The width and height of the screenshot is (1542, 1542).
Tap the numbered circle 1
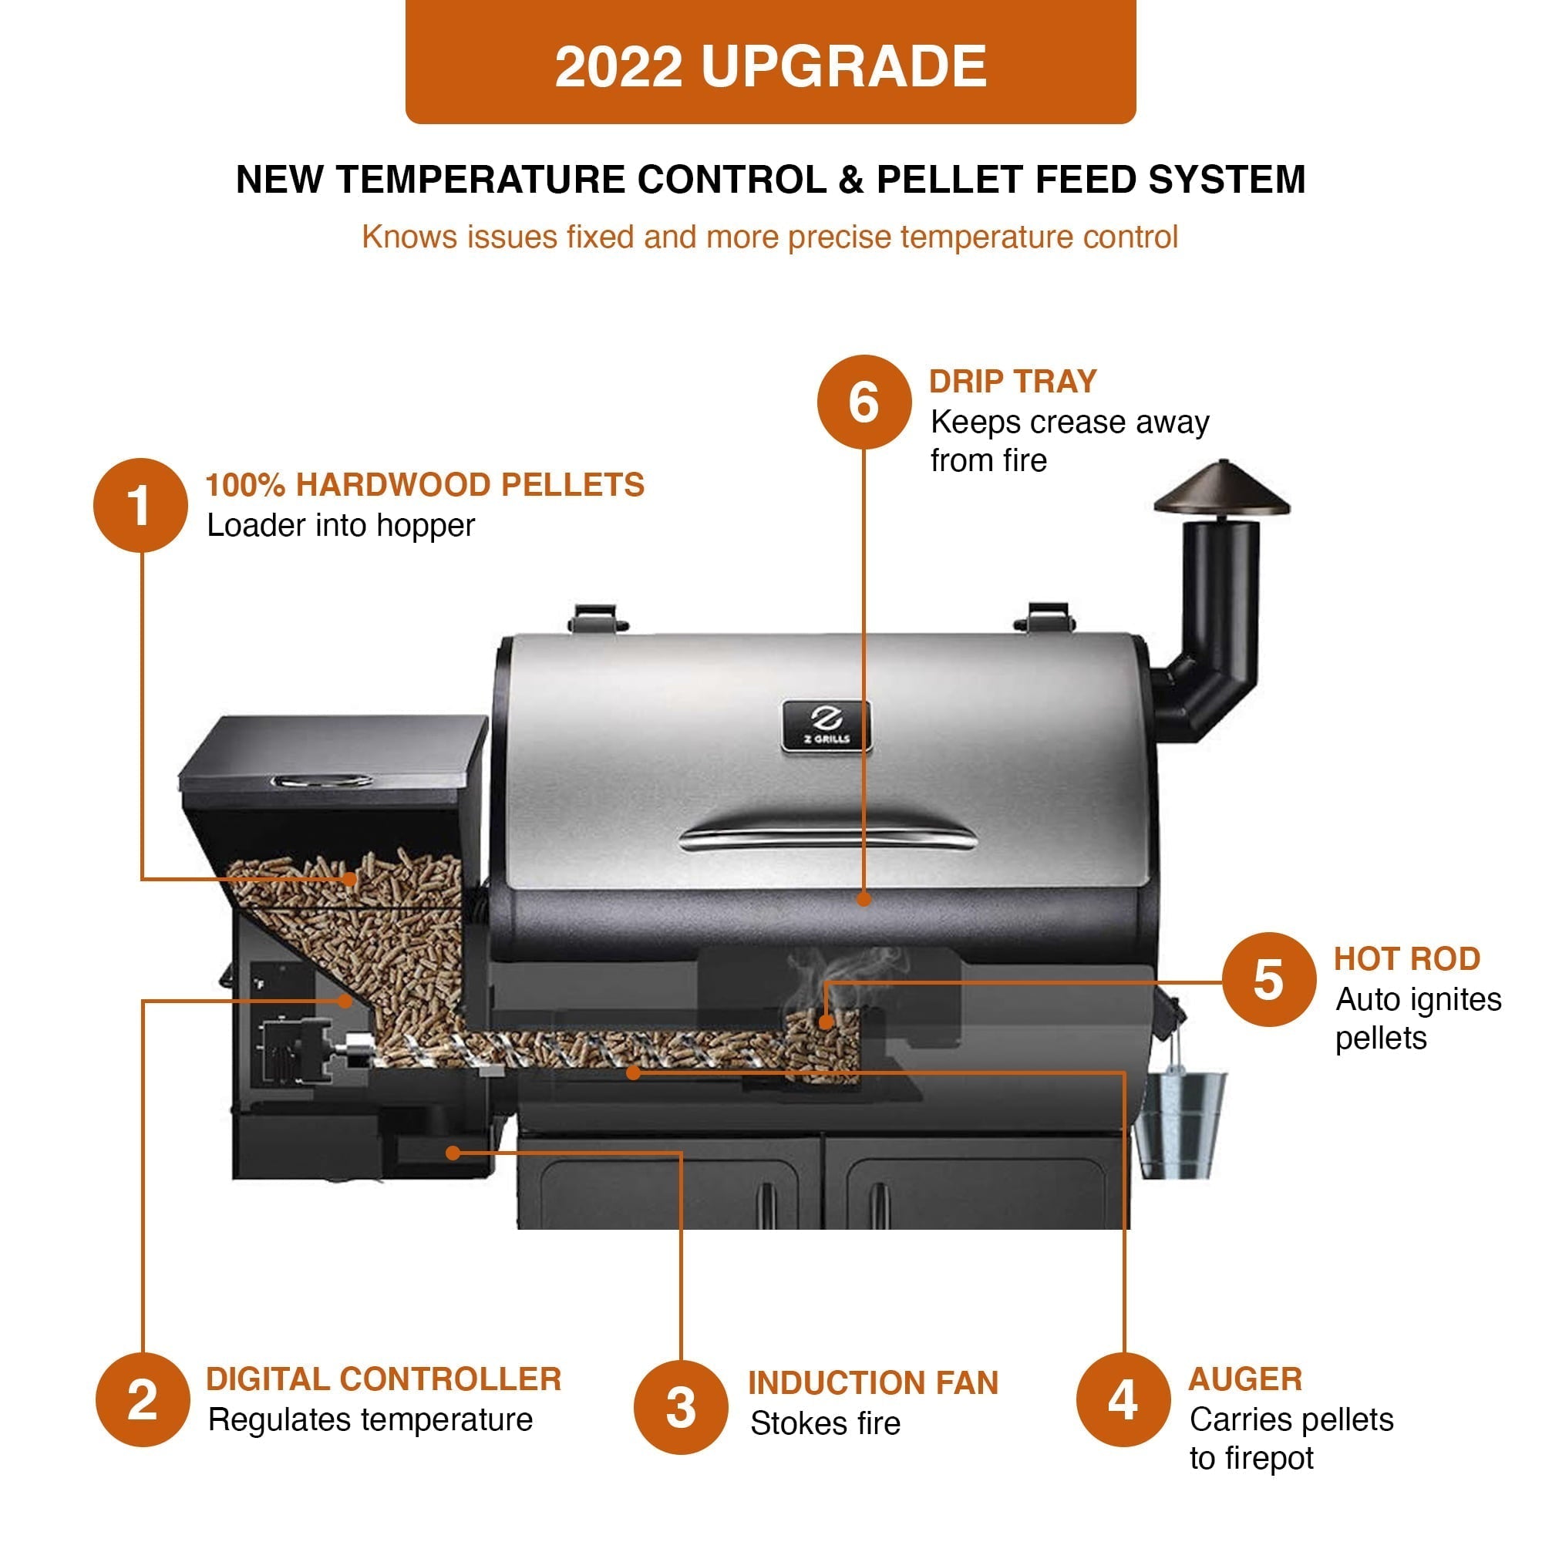[x=140, y=505]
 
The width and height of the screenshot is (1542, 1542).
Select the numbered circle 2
[x=143, y=1399]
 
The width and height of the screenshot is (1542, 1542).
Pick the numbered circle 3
[x=681, y=1407]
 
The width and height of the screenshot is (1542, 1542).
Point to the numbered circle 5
[x=1268, y=979]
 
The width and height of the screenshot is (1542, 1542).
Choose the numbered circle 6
[x=864, y=402]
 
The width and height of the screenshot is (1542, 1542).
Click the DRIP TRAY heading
[x=1013, y=382]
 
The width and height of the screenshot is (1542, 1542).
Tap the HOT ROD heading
[x=1407, y=958]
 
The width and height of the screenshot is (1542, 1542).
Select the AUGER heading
[x=1245, y=1379]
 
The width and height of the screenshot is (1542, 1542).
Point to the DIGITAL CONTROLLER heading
[x=384, y=1379]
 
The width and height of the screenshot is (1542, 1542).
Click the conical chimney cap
[x=1221, y=490]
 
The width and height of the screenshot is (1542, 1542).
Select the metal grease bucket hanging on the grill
[x=1180, y=1125]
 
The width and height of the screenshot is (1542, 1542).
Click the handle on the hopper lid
[x=321, y=779]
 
